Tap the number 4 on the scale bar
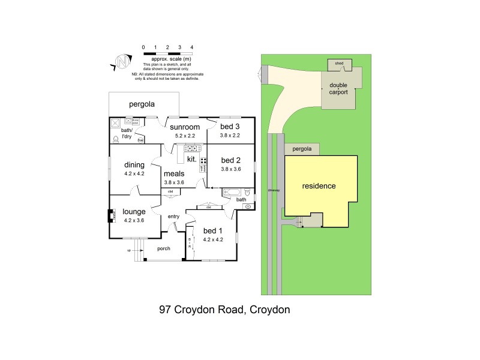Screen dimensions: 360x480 [x=191, y=47]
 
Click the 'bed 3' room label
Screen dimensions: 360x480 [x=230, y=127]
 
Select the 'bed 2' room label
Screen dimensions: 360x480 [x=230, y=160]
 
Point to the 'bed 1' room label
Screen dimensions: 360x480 [x=213, y=231]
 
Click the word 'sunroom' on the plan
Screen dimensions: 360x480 [x=184, y=127]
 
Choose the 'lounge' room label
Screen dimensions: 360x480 [x=134, y=211]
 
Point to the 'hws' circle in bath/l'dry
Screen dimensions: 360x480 [x=140, y=140]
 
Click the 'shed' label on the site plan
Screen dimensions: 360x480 [x=339, y=63]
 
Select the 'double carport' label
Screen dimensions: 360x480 [x=338, y=89]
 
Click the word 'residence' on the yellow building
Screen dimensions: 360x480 [x=319, y=186]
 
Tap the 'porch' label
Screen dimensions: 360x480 [x=164, y=248]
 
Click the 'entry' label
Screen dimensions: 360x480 [x=173, y=217]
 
